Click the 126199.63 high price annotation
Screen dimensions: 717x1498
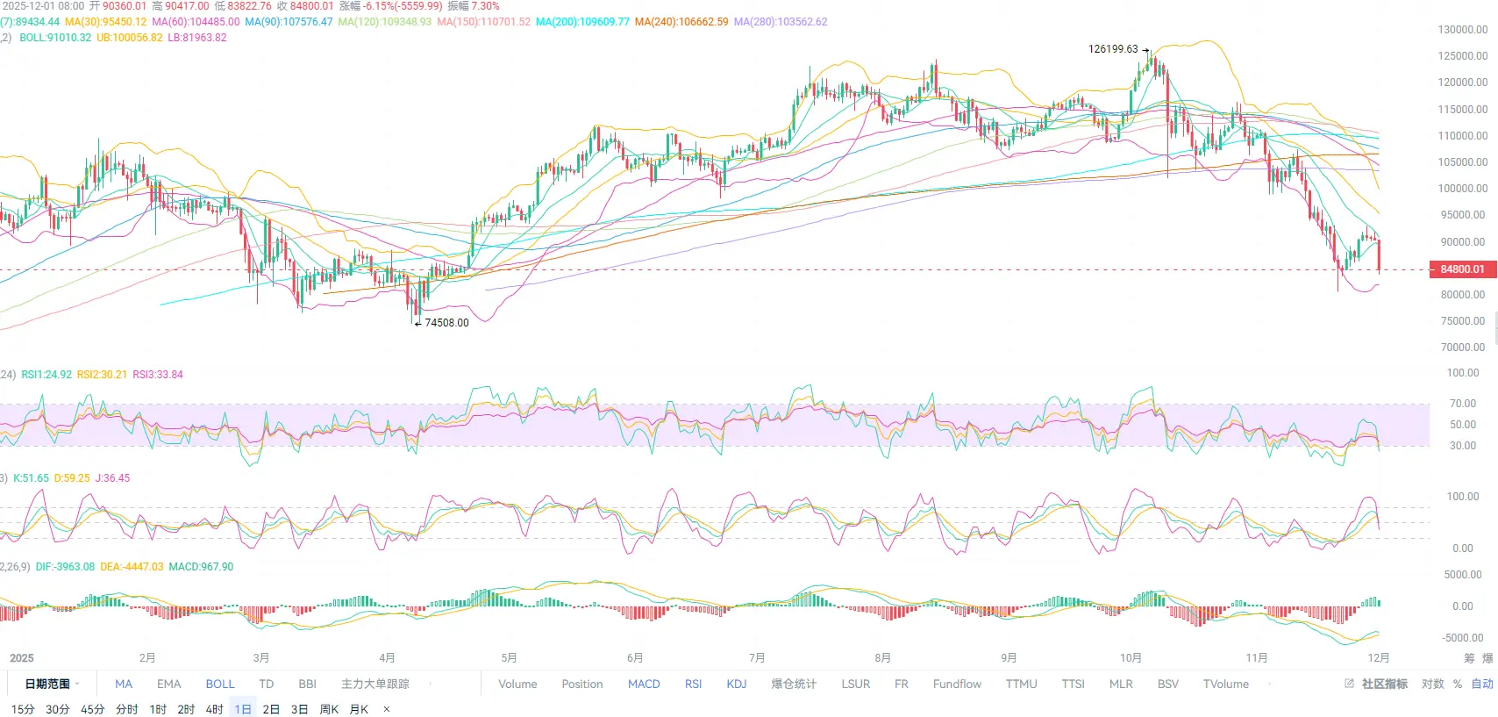coord(1113,49)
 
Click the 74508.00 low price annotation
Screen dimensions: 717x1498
coord(446,323)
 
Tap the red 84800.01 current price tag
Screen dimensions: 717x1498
coord(1462,269)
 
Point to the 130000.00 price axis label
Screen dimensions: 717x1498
coord(1462,30)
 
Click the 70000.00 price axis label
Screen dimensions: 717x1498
coord(1462,348)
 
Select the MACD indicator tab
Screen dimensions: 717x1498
coord(644,685)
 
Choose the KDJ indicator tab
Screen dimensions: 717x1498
coord(737,685)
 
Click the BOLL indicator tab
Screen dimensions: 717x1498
coord(220,685)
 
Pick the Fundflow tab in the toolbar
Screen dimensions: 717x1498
coord(957,685)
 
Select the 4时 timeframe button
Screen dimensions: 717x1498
coord(214,709)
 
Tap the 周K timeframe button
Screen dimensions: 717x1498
coord(329,709)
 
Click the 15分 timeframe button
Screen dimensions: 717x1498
coord(23,709)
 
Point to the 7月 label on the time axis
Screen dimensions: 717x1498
coord(757,658)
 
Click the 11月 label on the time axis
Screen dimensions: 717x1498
coord(1257,658)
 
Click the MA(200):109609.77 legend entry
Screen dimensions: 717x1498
coord(582,22)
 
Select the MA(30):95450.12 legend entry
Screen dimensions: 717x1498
coord(105,22)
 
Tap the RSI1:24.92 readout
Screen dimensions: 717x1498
coord(46,375)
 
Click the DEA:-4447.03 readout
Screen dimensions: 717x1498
coord(132,567)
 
